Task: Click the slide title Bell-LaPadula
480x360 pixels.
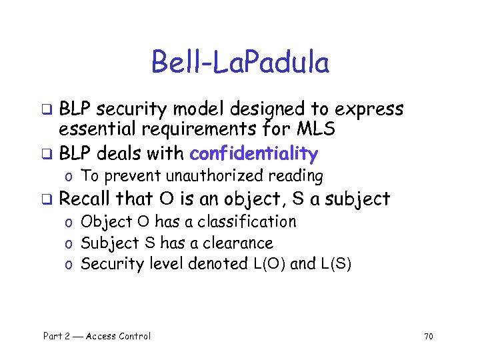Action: click(240, 63)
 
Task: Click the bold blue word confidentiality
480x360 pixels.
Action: click(253, 154)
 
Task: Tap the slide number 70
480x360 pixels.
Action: click(428, 337)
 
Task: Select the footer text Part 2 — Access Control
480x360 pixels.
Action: click(97, 336)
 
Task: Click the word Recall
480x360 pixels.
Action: click(85, 199)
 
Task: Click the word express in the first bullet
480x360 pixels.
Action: click(369, 109)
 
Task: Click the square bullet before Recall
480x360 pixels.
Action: click(47, 199)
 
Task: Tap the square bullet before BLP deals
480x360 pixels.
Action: click(47, 155)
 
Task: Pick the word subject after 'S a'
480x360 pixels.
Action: click(357, 199)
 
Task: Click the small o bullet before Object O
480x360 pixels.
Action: click(69, 222)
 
